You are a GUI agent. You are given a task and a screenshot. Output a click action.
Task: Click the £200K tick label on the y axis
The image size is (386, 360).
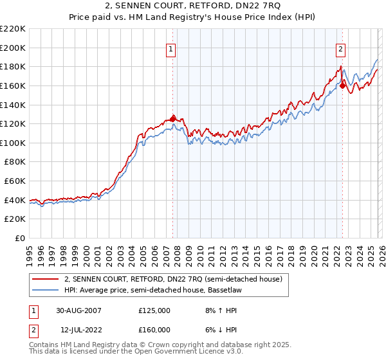[13, 48]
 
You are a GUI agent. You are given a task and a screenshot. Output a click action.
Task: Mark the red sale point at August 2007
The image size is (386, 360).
[172, 118]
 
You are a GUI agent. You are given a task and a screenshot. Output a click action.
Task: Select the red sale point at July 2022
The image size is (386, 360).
[342, 85]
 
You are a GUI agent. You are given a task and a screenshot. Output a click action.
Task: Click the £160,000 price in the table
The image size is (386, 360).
[154, 329]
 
